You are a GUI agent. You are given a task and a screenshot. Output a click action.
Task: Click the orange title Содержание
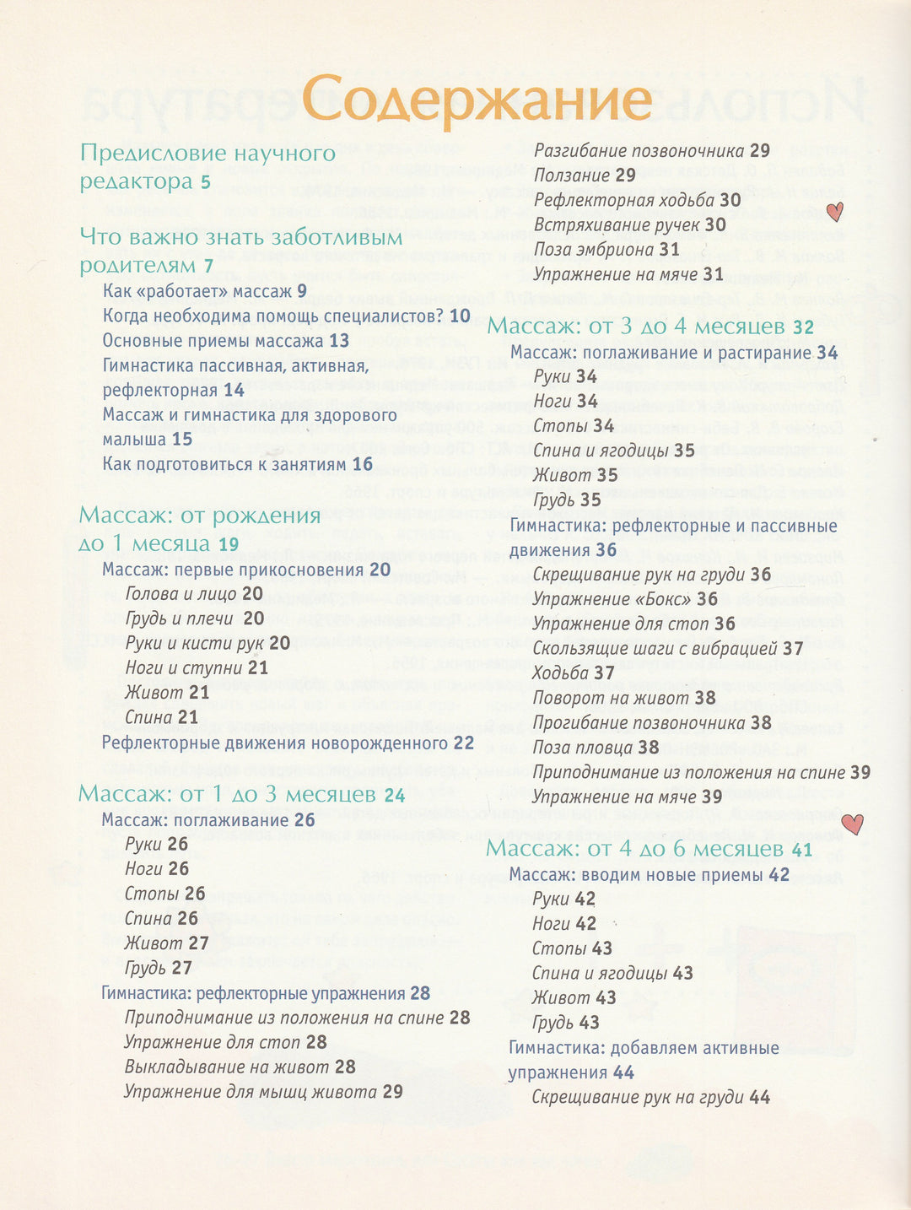[x=477, y=100]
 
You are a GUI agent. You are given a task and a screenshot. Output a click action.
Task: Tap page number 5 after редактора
[x=206, y=182]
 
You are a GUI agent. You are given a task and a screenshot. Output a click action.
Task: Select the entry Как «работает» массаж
[x=193, y=292]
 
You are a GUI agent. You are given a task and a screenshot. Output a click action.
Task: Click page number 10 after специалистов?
[x=460, y=316]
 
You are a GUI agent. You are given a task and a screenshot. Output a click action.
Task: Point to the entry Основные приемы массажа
[x=213, y=341]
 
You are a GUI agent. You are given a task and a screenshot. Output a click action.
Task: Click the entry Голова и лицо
[x=181, y=594]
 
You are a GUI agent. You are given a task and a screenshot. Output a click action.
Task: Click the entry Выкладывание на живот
[x=227, y=1067]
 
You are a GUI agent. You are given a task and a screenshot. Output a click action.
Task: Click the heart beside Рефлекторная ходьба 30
[x=834, y=211]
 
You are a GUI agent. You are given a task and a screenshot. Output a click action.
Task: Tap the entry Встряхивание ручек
[x=617, y=225]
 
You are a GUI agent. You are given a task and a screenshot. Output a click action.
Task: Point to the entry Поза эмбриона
[x=594, y=250]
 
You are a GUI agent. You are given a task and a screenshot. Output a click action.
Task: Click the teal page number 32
[x=804, y=327]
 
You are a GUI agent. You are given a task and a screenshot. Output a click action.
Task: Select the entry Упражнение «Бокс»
[x=612, y=599]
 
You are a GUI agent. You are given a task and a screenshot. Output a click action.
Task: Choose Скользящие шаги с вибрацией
[x=655, y=649]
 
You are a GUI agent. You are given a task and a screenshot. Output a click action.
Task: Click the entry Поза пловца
[x=584, y=748]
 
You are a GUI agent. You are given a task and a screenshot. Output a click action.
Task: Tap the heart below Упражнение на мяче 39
[x=853, y=824]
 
